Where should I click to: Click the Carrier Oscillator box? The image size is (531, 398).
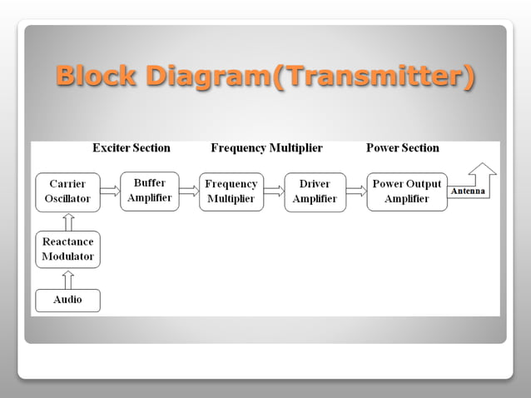pyautogui.click(x=67, y=192)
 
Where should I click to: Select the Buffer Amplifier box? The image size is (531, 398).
pyautogui.click(x=150, y=191)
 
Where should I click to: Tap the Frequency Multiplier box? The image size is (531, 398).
pyautogui.click(x=231, y=192)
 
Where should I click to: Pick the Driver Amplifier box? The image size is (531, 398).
pyautogui.click(x=315, y=192)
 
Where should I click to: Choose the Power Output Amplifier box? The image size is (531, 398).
pyautogui.click(x=407, y=192)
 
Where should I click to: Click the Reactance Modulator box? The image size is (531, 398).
pyautogui.click(x=67, y=249)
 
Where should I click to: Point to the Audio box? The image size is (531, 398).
pyautogui.click(x=67, y=300)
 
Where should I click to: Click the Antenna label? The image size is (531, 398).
pyautogui.click(x=468, y=192)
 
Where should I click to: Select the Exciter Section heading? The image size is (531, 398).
pyautogui.click(x=131, y=148)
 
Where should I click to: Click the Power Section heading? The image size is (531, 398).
pyautogui.click(x=403, y=148)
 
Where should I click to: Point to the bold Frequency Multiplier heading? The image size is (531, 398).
pyautogui.click(x=266, y=148)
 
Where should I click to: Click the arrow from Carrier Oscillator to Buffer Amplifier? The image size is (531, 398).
pyautogui.click(x=109, y=192)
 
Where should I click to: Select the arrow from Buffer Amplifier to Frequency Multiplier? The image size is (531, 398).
pyautogui.click(x=189, y=191)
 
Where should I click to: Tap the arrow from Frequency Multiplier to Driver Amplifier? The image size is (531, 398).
pyautogui.click(x=274, y=192)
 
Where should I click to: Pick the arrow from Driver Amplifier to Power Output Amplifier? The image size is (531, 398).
pyautogui.click(x=356, y=192)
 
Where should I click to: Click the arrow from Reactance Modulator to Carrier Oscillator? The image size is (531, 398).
pyautogui.click(x=68, y=221)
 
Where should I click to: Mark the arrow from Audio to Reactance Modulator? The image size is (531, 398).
pyautogui.click(x=68, y=279)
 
